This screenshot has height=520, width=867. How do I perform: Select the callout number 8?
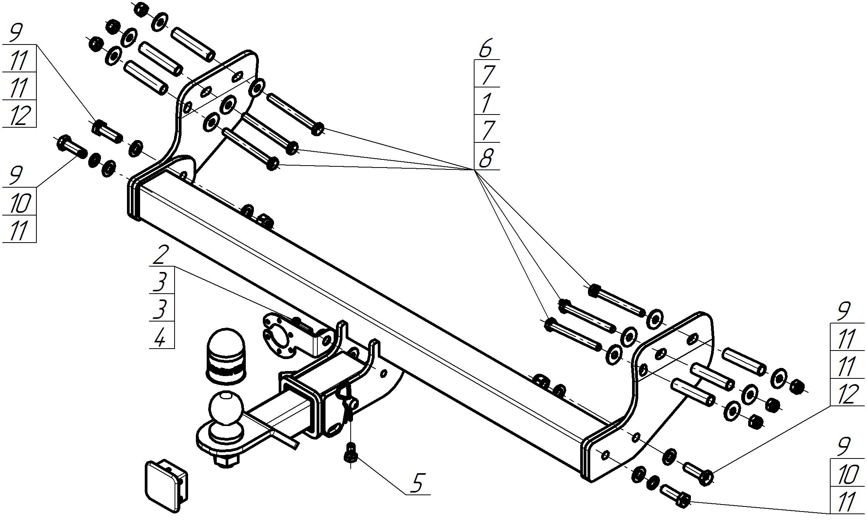[486, 158]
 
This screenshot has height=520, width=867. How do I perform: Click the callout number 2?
[161, 254]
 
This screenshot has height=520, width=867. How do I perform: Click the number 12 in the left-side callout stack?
[19, 115]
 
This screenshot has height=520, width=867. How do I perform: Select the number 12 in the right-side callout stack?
[847, 395]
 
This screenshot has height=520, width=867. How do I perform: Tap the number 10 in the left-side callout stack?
[19, 203]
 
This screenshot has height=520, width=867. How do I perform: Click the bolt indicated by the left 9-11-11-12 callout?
[107, 132]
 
